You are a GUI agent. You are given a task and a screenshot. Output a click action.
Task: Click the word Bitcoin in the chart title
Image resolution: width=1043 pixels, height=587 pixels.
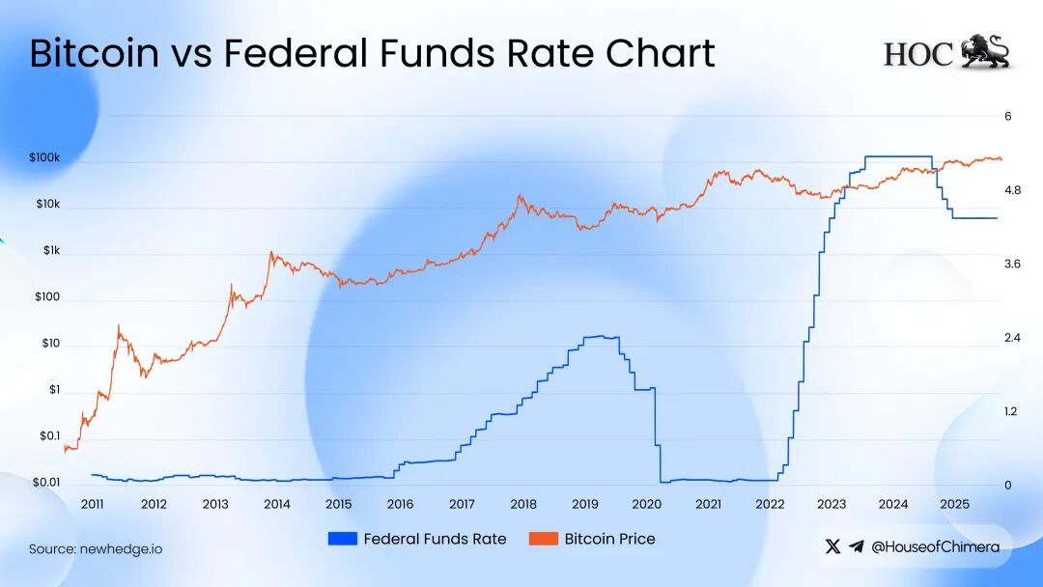tap(94, 53)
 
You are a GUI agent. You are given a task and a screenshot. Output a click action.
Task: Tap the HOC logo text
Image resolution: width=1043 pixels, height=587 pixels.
tap(917, 54)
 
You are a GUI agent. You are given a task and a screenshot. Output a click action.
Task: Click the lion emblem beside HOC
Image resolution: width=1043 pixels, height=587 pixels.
tap(985, 52)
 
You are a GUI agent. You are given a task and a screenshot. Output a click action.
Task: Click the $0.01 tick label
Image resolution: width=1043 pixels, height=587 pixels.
tap(46, 483)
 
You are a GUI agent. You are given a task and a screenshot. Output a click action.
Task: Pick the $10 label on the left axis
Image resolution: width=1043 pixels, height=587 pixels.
tap(50, 344)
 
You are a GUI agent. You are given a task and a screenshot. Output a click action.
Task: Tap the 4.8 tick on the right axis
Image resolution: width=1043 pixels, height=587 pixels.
tap(1013, 190)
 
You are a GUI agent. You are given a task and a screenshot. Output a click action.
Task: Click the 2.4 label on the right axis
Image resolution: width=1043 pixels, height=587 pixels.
tap(1013, 338)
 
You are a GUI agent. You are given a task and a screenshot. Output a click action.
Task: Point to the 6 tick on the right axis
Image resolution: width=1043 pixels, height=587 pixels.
tap(1007, 117)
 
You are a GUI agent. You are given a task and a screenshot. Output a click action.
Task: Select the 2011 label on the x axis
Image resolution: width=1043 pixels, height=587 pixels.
tap(93, 505)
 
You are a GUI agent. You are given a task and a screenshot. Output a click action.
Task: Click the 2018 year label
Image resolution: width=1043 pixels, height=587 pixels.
tap(523, 505)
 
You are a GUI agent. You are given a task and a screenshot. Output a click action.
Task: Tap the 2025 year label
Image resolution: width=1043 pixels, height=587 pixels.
tap(954, 505)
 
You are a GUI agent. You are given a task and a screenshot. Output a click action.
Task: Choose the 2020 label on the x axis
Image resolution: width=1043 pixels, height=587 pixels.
tap(646, 505)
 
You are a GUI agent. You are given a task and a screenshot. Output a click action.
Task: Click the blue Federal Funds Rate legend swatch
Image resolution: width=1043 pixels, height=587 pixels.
tap(342, 539)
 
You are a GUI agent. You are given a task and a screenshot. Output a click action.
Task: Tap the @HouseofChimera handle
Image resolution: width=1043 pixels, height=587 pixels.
tap(935, 546)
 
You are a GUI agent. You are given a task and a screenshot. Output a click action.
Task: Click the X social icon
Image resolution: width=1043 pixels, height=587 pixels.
tap(833, 546)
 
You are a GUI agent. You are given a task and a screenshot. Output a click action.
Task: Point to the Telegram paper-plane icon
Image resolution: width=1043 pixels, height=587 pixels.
tap(857, 546)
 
